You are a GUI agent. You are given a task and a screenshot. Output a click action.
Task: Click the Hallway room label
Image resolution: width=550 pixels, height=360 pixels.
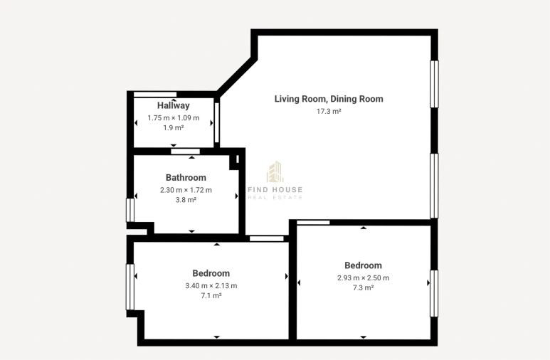[174, 106]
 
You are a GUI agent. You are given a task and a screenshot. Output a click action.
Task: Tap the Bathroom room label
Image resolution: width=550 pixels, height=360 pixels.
[186, 178]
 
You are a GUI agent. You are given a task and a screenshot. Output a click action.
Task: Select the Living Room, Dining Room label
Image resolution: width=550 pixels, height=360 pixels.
[329, 99]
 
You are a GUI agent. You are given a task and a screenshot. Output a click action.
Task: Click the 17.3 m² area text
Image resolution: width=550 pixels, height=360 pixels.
[329, 111]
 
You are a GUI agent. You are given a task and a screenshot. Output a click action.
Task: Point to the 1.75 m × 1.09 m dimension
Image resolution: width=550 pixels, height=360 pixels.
[174, 118]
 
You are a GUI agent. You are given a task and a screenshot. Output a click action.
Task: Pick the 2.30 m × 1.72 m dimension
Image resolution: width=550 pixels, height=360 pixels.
[186, 190]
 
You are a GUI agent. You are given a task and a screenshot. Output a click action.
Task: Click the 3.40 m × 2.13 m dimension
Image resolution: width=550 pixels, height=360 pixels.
[211, 285]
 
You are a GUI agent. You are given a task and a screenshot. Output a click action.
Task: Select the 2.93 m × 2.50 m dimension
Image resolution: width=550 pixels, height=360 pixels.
[363, 278]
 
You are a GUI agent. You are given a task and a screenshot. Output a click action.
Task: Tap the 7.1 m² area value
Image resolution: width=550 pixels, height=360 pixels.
[211, 295]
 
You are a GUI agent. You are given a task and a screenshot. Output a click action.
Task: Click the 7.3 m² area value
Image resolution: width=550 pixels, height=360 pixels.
[363, 288]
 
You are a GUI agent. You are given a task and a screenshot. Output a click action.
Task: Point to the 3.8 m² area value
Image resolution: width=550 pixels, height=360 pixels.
[186, 200]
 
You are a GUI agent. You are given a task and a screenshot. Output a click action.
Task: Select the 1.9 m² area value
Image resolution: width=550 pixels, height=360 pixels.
[174, 128]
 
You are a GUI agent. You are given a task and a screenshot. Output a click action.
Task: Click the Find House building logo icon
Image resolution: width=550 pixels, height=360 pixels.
[275, 172]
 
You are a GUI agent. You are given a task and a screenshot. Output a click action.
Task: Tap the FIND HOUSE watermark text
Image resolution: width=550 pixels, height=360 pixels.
[275, 189]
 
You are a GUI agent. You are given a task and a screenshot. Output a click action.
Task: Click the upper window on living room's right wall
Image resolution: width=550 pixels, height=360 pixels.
[434, 84]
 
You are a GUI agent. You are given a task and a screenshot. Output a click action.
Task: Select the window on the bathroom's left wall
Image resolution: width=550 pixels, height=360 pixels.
[129, 209]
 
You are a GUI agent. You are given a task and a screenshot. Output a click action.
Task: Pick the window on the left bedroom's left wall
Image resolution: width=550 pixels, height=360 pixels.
[129, 287]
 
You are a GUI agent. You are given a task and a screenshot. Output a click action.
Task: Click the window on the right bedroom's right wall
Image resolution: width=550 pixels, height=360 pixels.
[434, 293]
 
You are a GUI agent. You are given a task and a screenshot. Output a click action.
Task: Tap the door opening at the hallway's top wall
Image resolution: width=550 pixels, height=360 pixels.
[155, 94]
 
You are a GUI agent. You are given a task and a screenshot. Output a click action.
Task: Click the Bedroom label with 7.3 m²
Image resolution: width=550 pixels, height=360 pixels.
[363, 266]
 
